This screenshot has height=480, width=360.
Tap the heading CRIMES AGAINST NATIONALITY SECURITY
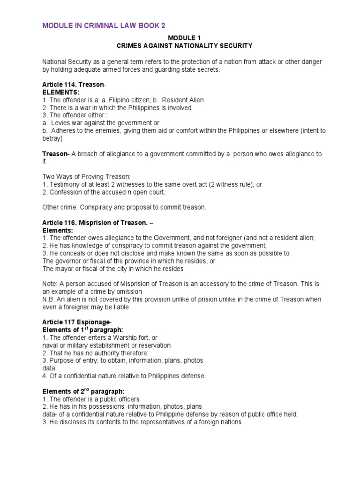coord(184,46)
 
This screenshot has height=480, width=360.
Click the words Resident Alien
coord(184,100)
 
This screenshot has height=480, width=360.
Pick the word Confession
coord(65,192)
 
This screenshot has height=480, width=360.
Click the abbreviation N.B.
coord(49,299)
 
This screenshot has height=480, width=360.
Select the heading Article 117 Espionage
coord(76,322)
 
